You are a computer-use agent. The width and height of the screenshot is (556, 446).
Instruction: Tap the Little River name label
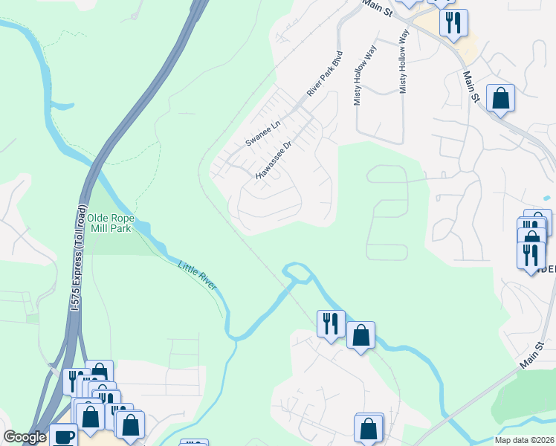(x=196, y=276)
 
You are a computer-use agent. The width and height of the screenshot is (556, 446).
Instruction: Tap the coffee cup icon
(x=64, y=436)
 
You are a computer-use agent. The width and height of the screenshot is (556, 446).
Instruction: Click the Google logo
(x=25, y=437)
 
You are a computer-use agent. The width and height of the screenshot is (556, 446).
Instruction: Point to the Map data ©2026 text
(x=524, y=440)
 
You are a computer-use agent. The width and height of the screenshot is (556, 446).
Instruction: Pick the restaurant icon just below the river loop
(x=331, y=323)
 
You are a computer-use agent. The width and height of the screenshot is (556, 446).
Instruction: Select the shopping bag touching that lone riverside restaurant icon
(x=361, y=335)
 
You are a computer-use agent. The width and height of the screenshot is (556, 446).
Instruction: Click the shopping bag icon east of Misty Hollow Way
(x=501, y=97)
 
